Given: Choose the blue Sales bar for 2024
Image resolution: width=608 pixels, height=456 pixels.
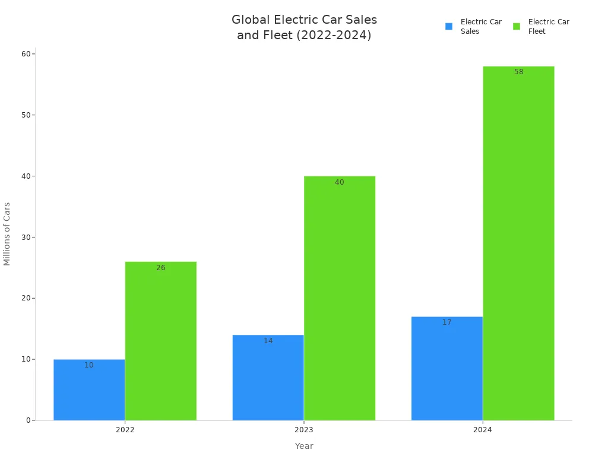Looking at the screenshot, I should tap(446, 369).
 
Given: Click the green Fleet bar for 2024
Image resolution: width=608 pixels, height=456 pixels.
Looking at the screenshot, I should tap(518, 243).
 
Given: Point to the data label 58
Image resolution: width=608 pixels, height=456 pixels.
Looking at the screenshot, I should tap(518, 72).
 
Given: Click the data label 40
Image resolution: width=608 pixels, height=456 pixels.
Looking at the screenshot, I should tap(339, 182).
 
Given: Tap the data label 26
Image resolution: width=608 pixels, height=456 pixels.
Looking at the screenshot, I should tap(160, 268).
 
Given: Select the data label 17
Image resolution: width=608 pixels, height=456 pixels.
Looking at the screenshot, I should tap(446, 322).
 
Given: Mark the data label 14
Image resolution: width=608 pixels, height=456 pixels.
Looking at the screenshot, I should tap(268, 341).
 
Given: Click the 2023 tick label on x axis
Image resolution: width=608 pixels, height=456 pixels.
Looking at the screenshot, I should tap(303, 430).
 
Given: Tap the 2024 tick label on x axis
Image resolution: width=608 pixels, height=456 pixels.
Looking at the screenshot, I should tap(482, 430).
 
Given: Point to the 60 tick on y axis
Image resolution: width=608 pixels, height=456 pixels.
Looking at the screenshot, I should tap(26, 54).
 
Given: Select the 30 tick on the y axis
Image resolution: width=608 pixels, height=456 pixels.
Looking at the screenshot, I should tap(26, 237).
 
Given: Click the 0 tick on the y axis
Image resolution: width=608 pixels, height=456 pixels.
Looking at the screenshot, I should tap(28, 420).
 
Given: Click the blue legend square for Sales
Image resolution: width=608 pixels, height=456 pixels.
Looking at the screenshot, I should tap(449, 26).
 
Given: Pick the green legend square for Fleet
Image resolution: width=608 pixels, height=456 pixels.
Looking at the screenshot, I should tap(517, 26).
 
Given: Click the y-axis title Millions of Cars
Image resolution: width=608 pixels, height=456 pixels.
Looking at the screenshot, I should tap(7, 234).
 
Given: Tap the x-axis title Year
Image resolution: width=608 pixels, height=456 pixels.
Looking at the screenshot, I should tap(303, 446).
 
